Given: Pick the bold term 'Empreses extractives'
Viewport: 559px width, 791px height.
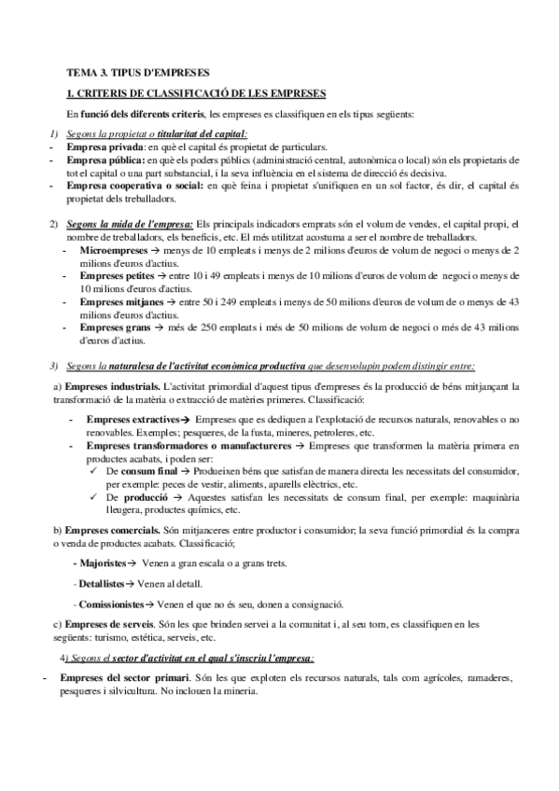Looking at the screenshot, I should coord(132,421).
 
